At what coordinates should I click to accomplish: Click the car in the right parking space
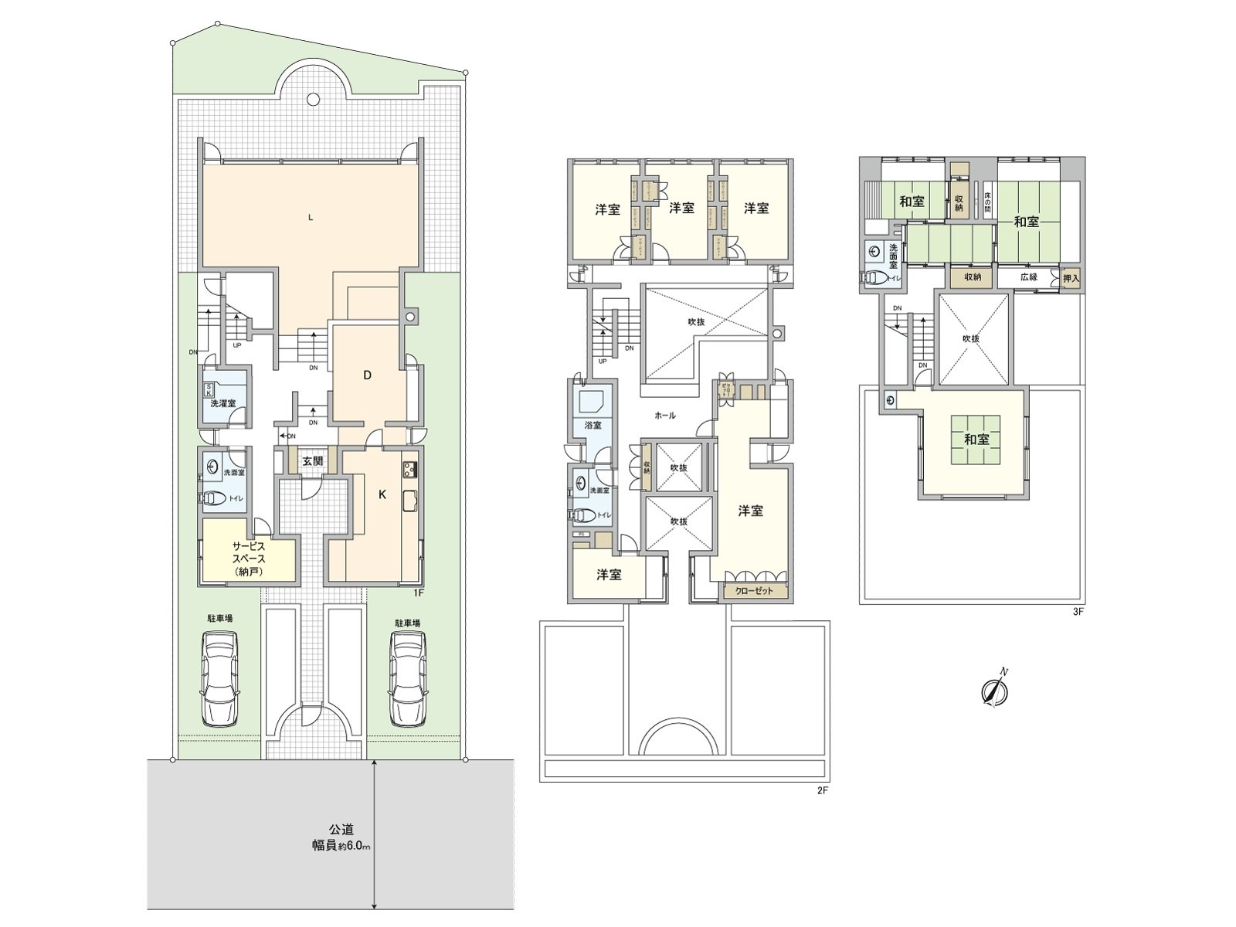click(409, 677)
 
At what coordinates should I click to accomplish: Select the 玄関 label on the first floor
click(313, 461)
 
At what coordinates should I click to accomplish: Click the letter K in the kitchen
click(382, 496)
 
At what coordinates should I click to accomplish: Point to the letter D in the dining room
click(368, 375)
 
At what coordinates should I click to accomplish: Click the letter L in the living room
click(311, 217)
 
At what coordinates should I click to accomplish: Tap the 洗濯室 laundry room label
click(223, 403)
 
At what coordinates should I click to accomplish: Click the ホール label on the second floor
click(664, 416)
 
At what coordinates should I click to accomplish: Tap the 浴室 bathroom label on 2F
click(593, 425)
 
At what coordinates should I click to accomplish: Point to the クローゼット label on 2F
click(755, 591)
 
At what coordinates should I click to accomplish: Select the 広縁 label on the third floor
click(1028, 277)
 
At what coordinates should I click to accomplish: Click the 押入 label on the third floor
click(1071, 277)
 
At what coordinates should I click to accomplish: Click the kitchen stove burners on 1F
click(409, 468)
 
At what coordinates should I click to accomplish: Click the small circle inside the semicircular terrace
click(313, 99)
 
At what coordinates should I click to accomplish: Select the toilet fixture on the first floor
click(219, 498)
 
